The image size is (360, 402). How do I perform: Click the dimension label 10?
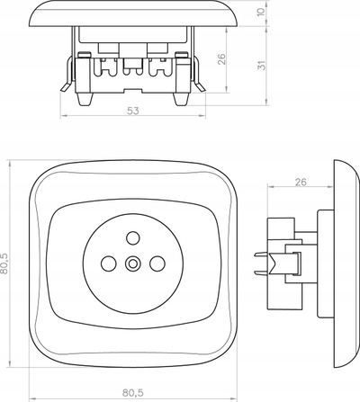coord(262,12)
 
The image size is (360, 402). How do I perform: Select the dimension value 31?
coord(262,66)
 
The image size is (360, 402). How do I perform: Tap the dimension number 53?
coord(133,111)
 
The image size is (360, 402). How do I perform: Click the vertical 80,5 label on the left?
coord(4,264)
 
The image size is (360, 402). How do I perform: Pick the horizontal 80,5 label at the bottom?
coord(133,393)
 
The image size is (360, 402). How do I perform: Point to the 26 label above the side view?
coord(301,182)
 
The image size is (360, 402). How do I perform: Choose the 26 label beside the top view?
coord(221,59)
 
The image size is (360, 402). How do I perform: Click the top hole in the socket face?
coord(132,238)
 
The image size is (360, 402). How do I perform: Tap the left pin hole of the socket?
coord(109,264)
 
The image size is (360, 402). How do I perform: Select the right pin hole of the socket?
coord(157,264)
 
